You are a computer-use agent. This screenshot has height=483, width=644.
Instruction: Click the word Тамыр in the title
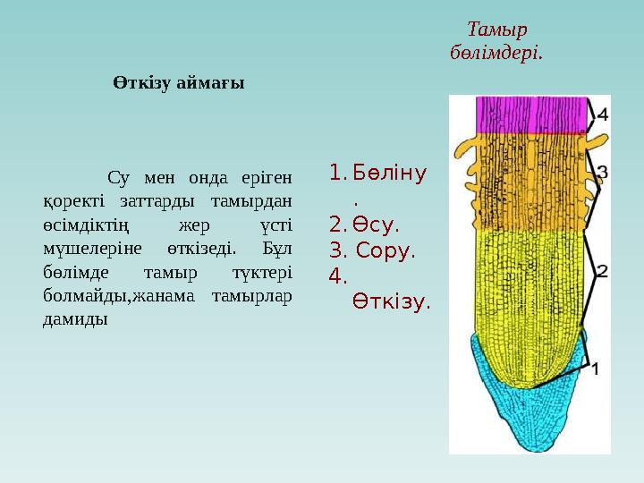(496, 30)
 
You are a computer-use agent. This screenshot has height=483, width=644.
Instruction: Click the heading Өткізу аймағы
(179, 82)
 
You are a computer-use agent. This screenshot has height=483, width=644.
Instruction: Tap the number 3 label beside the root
(603, 171)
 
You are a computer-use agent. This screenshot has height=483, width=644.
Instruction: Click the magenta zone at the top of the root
(531, 114)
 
